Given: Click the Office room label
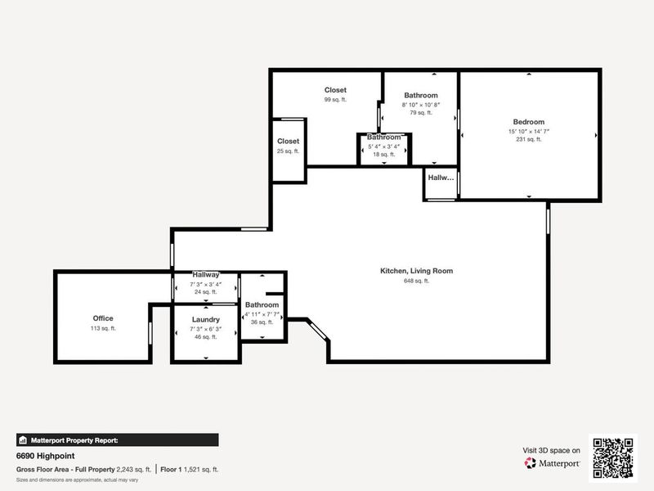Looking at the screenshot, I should point(102,318).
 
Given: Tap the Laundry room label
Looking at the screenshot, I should point(206,319).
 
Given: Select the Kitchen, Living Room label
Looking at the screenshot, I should point(416,271).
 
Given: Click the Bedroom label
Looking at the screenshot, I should point(528,122).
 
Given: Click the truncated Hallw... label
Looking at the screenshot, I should point(441,178).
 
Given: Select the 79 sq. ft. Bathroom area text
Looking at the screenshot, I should point(420,113).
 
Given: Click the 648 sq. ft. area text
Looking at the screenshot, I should point(416,281).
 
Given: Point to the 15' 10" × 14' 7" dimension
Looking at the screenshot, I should point(528,131).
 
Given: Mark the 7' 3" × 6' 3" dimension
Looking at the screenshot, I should point(206,328).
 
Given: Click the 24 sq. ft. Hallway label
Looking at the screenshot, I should point(205,291).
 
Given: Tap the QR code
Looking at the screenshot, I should point(613,457).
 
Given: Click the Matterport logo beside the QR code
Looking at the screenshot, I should point(553,463).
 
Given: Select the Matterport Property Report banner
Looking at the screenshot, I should point(117,439).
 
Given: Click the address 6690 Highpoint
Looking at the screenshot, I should point(43,456).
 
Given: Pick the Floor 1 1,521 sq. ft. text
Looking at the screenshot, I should point(189,470).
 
